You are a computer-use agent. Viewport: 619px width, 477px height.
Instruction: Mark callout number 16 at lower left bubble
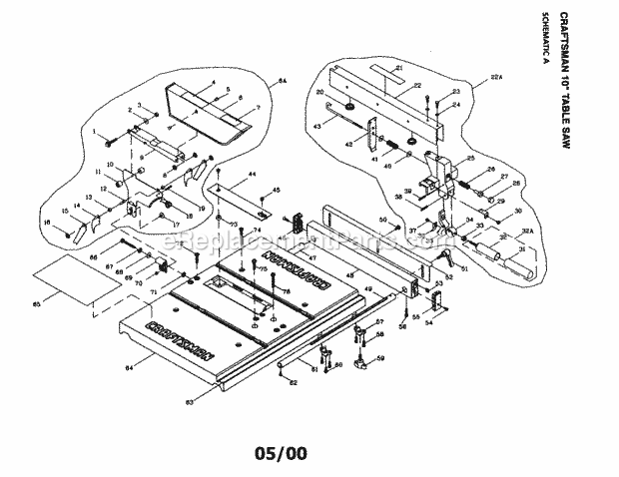coord(46,222)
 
